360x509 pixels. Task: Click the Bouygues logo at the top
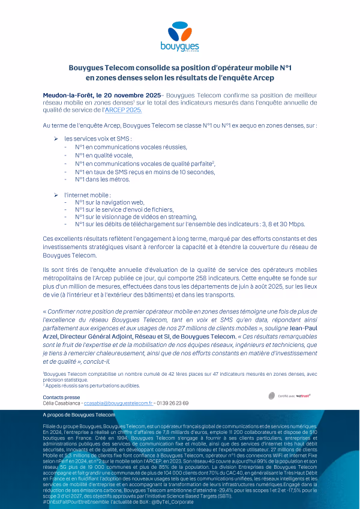point(179,36)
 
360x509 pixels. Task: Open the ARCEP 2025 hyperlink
point(124,110)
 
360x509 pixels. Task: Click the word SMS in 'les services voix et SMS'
point(124,139)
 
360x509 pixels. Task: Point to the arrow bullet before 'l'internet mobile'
point(55,196)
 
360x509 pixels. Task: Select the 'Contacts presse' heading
point(61,397)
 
